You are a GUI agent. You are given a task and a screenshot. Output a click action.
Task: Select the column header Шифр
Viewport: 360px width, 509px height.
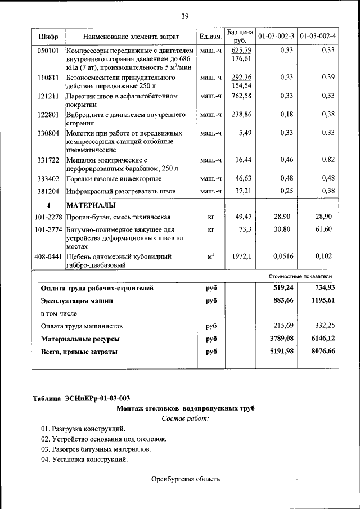[48, 37]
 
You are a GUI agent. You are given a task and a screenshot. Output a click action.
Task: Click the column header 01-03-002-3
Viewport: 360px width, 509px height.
[276, 37]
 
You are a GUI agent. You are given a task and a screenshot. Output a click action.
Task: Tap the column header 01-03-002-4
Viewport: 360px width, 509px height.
[318, 37]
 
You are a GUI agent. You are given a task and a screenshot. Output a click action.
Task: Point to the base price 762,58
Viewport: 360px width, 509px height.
[240, 96]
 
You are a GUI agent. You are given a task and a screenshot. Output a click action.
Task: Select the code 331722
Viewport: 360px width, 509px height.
[48, 160]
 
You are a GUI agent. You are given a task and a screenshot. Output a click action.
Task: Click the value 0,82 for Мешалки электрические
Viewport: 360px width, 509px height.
[328, 160]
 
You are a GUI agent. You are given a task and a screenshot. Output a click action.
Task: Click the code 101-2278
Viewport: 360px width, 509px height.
[48, 217]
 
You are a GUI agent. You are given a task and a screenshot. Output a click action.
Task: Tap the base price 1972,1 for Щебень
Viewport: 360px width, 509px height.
[240, 256]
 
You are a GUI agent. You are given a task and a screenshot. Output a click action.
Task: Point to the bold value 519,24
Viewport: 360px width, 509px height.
[283, 288]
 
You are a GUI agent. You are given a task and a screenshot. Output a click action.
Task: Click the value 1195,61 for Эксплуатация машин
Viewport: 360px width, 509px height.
[320, 301]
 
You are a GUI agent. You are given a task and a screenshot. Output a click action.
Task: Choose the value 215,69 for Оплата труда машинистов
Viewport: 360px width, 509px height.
[284, 326]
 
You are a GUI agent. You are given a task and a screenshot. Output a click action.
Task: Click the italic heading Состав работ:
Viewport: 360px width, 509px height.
[185, 418]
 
